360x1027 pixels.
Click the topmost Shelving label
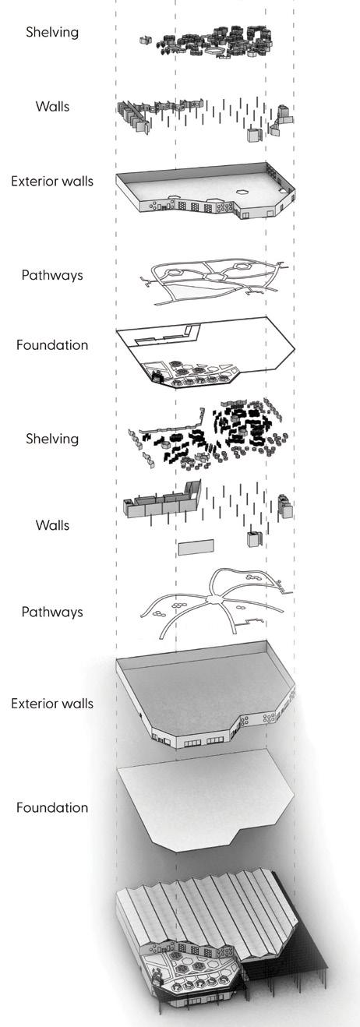[x=52, y=32]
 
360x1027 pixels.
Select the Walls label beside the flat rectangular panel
[x=52, y=525]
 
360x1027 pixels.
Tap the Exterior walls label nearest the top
[x=52, y=181]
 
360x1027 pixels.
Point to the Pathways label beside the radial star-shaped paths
[x=52, y=612]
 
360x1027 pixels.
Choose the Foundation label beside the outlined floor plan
[x=52, y=344]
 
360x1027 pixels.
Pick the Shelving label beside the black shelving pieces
[x=52, y=439]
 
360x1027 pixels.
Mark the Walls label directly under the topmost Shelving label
[x=52, y=107]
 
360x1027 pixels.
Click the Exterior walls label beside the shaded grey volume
[x=52, y=704]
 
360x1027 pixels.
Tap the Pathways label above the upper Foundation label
[x=52, y=275]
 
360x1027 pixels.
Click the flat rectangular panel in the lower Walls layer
[x=196, y=548]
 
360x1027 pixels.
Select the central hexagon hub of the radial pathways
[x=214, y=600]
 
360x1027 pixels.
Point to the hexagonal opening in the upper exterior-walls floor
[x=242, y=192]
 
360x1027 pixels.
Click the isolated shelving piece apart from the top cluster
[x=145, y=41]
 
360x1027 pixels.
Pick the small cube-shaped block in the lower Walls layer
[x=254, y=538]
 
